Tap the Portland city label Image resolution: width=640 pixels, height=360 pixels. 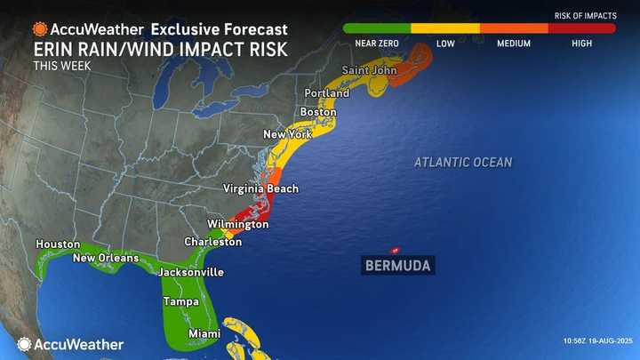click(327, 92)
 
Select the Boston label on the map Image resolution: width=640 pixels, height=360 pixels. click(318, 112)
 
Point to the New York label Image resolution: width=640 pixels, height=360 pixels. click(286, 134)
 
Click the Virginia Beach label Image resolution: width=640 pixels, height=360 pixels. click(260, 188)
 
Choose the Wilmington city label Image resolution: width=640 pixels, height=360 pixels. click(237, 224)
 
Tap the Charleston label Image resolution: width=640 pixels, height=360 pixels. click(212, 242)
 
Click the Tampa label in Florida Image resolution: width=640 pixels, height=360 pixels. click(180, 302)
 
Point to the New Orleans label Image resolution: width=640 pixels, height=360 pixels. click(106, 258)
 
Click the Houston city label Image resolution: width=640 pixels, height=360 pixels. click(58, 244)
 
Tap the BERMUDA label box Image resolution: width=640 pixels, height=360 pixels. click(397, 265)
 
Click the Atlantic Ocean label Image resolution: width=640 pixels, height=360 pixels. click(463, 162)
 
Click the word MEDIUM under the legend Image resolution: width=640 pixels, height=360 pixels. click(514, 44)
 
